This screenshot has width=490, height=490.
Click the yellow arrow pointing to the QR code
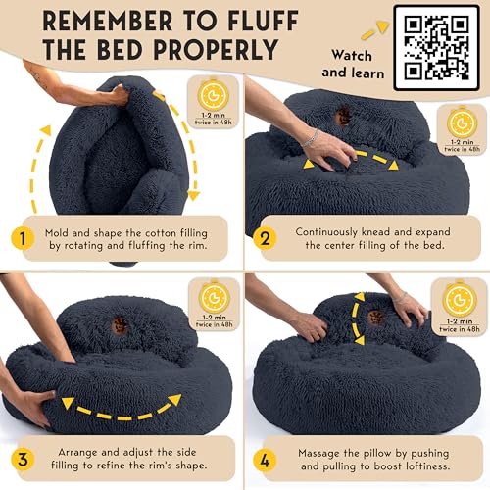point(368,32)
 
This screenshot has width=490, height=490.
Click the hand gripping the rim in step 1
point(108,96)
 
